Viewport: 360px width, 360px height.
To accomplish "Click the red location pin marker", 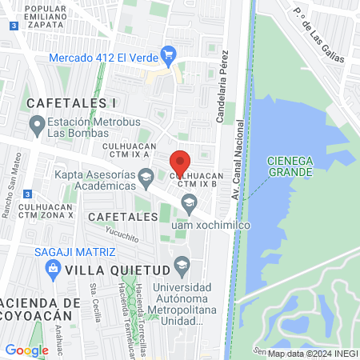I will (x=181, y=162).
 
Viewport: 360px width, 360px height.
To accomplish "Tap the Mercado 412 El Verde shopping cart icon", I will (x=168, y=55).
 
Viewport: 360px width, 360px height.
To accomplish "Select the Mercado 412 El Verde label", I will (x=103, y=57).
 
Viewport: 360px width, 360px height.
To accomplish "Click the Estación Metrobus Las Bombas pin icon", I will (x=36, y=125).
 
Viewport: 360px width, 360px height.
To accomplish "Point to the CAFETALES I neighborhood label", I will (x=71, y=103).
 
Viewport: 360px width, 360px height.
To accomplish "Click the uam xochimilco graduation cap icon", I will (x=189, y=203).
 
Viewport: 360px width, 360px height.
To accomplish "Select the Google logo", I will (x=26, y=350).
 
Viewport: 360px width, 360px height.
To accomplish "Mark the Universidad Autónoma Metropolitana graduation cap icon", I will (x=182, y=265).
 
